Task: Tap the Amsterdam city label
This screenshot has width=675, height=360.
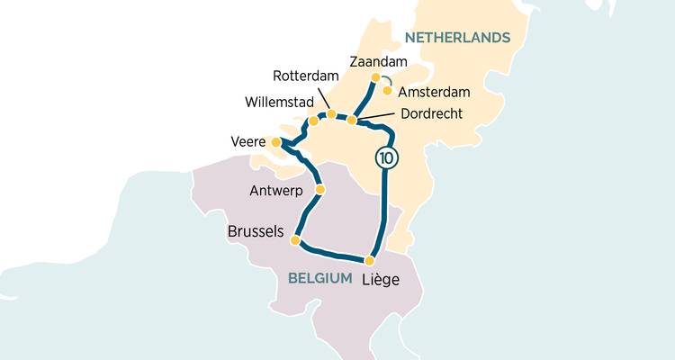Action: tap(434, 92)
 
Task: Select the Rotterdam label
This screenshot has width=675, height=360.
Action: tap(304, 75)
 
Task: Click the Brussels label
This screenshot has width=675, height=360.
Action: tap(256, 232)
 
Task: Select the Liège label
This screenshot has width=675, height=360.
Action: tap(381, 280)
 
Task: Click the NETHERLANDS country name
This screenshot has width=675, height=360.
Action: tap(457, 37)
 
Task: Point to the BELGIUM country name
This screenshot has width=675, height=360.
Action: tap(319, 279)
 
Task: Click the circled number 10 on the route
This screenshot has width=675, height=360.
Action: tap(386, 157)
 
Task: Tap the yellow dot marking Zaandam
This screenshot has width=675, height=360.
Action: tap(375, 77)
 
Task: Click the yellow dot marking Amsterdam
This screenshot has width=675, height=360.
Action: tap(387, 90)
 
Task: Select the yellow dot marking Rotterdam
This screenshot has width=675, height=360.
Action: tap(331, 113)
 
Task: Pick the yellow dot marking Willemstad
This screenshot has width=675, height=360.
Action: tap(313, 121)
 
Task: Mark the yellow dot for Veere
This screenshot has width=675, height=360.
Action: tap(275, 141)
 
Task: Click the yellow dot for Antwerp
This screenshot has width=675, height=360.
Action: tap(319, 190)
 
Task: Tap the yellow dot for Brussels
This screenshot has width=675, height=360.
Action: tap(294, 239)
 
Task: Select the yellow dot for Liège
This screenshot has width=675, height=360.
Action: tap(369, 260)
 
